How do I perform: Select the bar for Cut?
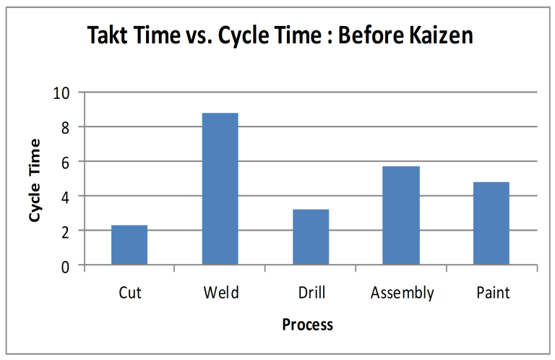click(129, 245)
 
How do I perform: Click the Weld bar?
click(220, 189)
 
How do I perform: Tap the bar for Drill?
click(311, 237)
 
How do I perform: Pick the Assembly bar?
click(401, 215)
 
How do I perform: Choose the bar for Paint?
click(491, 223)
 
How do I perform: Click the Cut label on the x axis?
click(129, 293)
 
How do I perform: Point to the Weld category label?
click(220, 293)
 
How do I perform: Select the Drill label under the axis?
click(311, 293)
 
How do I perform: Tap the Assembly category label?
click(403, 293)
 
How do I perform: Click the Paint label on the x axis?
click(493, 293)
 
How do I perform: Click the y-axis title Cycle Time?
click(34, 180)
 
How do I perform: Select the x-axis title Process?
click(308, 324)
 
